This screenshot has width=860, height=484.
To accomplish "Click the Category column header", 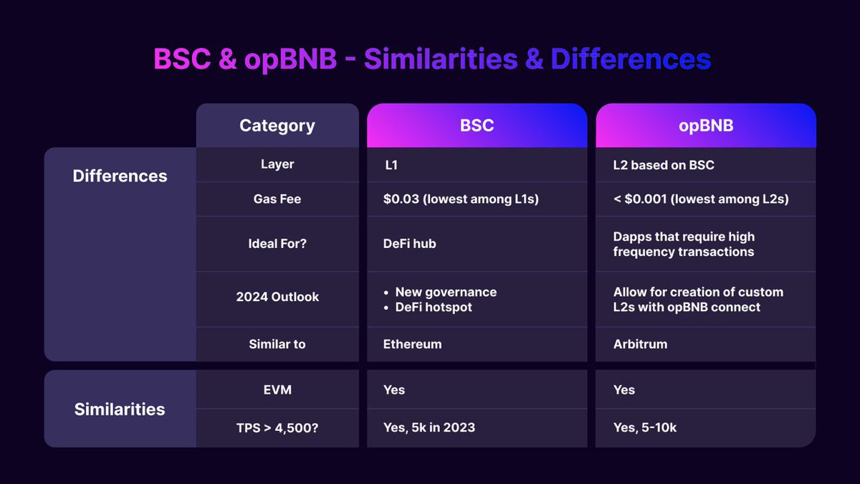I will [x=277, y=125].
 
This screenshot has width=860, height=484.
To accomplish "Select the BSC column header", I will [x=477, y=125].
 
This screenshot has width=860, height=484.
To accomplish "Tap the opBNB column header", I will [x=705, y=125].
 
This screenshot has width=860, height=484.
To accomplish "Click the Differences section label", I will [x=120, y=176].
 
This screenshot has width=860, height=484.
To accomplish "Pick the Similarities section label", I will [x=120, y=409].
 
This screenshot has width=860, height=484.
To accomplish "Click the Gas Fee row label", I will [x=277, y=199].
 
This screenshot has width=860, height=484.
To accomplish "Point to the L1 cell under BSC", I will [x=391, y=165].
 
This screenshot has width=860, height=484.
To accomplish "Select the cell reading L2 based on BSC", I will [x=664, y=165].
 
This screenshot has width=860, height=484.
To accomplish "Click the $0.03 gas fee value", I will [x=461, y=199].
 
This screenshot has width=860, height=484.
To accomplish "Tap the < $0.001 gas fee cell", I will [x=700, y=199].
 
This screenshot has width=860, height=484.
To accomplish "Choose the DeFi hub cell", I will [x=409, y=244].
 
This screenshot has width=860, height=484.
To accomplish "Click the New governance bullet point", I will [x=445, y=292].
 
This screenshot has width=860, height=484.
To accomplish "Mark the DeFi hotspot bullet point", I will [x=433, y=307].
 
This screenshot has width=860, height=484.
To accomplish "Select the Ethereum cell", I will [x=412, y=344].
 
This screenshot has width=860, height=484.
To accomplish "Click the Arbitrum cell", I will [x=640, y=344].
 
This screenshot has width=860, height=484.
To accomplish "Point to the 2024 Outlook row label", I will [x=277, y=297].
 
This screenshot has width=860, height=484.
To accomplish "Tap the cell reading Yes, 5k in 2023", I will [x=429, y=427].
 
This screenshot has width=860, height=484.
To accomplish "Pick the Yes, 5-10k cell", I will [x=645, y=427].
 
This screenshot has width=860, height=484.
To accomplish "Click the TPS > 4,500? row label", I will [x=277, y=427].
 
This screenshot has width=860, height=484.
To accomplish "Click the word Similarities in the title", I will [x=439, y=60].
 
